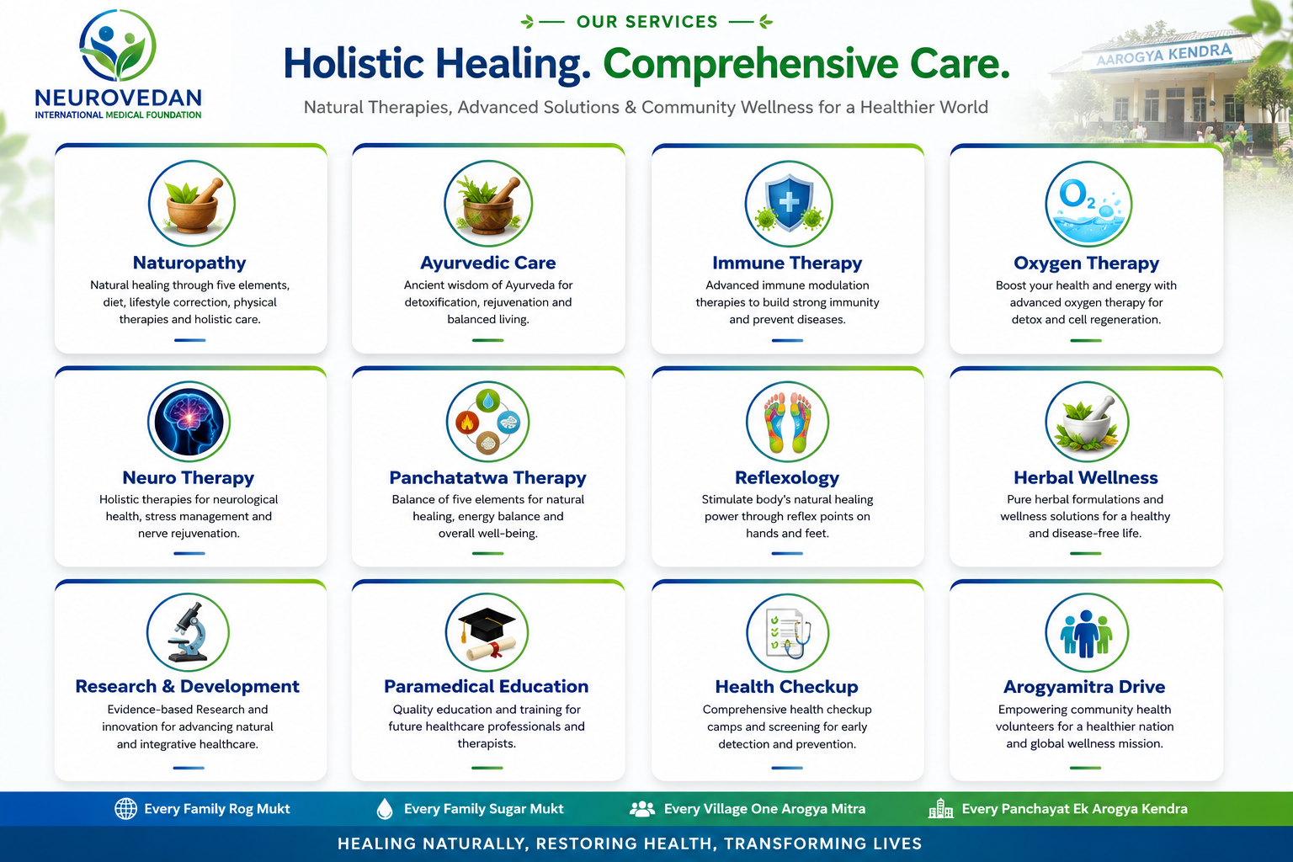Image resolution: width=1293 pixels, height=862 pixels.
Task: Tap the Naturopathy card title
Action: [189, 263]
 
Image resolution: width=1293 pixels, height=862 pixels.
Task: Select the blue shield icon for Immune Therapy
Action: [789, 204]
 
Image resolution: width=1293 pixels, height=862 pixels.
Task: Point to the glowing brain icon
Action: [189, 422]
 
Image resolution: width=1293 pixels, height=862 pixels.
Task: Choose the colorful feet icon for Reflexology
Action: [787, 422]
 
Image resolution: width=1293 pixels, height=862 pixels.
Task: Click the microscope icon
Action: [189, 631]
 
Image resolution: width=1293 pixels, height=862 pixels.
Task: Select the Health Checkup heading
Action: [787, 686]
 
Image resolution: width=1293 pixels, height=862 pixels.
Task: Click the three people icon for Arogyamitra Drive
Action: [1087, 633]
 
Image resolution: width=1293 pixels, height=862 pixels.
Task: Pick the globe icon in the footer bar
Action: [125, 809]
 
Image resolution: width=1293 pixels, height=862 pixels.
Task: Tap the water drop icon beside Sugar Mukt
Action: [385, 809]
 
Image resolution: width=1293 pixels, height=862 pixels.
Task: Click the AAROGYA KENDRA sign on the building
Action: [1163, 55]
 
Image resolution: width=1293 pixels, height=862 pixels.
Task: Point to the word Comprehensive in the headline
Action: [751, 63]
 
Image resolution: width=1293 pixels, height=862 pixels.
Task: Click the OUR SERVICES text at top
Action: [647, 22]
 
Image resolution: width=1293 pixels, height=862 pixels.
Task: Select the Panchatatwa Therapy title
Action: [487, 477]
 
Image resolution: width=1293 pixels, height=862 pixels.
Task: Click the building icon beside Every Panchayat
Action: [941, 809]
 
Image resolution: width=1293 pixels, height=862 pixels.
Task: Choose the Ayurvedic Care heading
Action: [487, 263]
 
